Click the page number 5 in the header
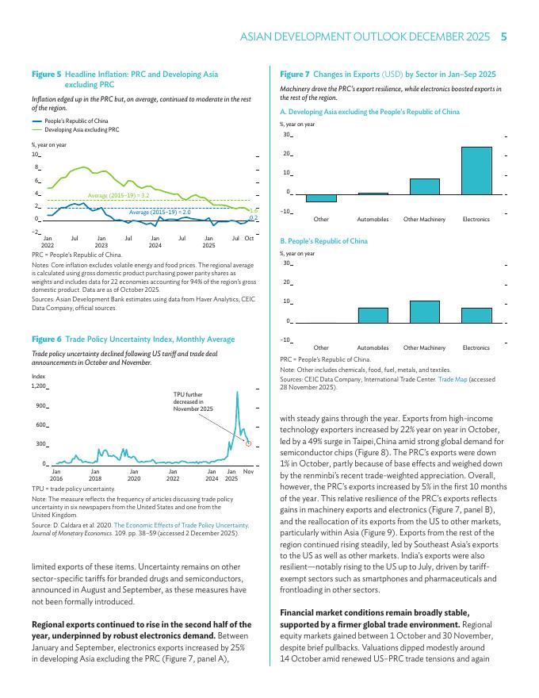[504, 36]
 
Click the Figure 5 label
[47, 74]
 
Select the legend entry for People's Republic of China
[76, 121]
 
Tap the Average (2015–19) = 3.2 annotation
[118, 195]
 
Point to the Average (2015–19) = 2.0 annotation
[159, 213]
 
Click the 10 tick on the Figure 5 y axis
[35, 155]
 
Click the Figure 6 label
[47, 339]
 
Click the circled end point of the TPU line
[248, 443]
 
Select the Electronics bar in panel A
[476, 171]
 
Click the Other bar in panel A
[321, 198]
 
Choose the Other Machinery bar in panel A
[424, 186]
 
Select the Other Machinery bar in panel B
[424, 312]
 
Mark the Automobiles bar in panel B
[373, 315]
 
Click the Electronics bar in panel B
[476, 315]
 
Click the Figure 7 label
[295, 74]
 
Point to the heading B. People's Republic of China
[323, 240]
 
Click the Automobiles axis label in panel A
[373, 219]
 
